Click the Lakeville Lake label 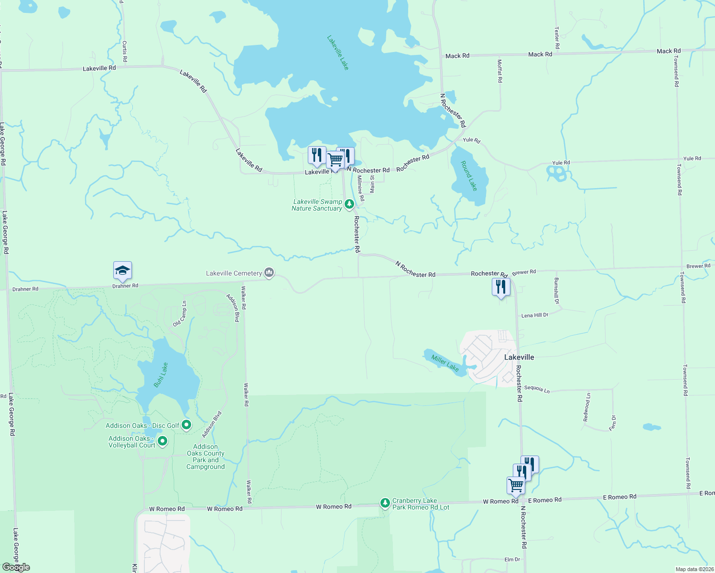(338, 53)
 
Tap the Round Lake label (469, 175)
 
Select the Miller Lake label (445, 363)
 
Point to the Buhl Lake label (161, 375)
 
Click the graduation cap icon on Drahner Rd (122, 271)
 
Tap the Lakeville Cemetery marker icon (269, 273)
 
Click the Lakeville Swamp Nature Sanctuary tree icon (349, 205)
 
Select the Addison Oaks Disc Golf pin (186, 424)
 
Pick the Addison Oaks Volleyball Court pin (162, 441)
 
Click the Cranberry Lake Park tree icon (385, 503)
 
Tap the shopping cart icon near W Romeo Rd (516, 485)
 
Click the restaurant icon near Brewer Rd (501, 287)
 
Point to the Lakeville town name (519, 357)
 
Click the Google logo (16, 567)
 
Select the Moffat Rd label (500, 71)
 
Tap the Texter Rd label (557, 38)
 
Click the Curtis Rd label (125, 51)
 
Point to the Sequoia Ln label (537, 389)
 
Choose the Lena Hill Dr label (534, 315)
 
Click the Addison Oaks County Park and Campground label (206, 457)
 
